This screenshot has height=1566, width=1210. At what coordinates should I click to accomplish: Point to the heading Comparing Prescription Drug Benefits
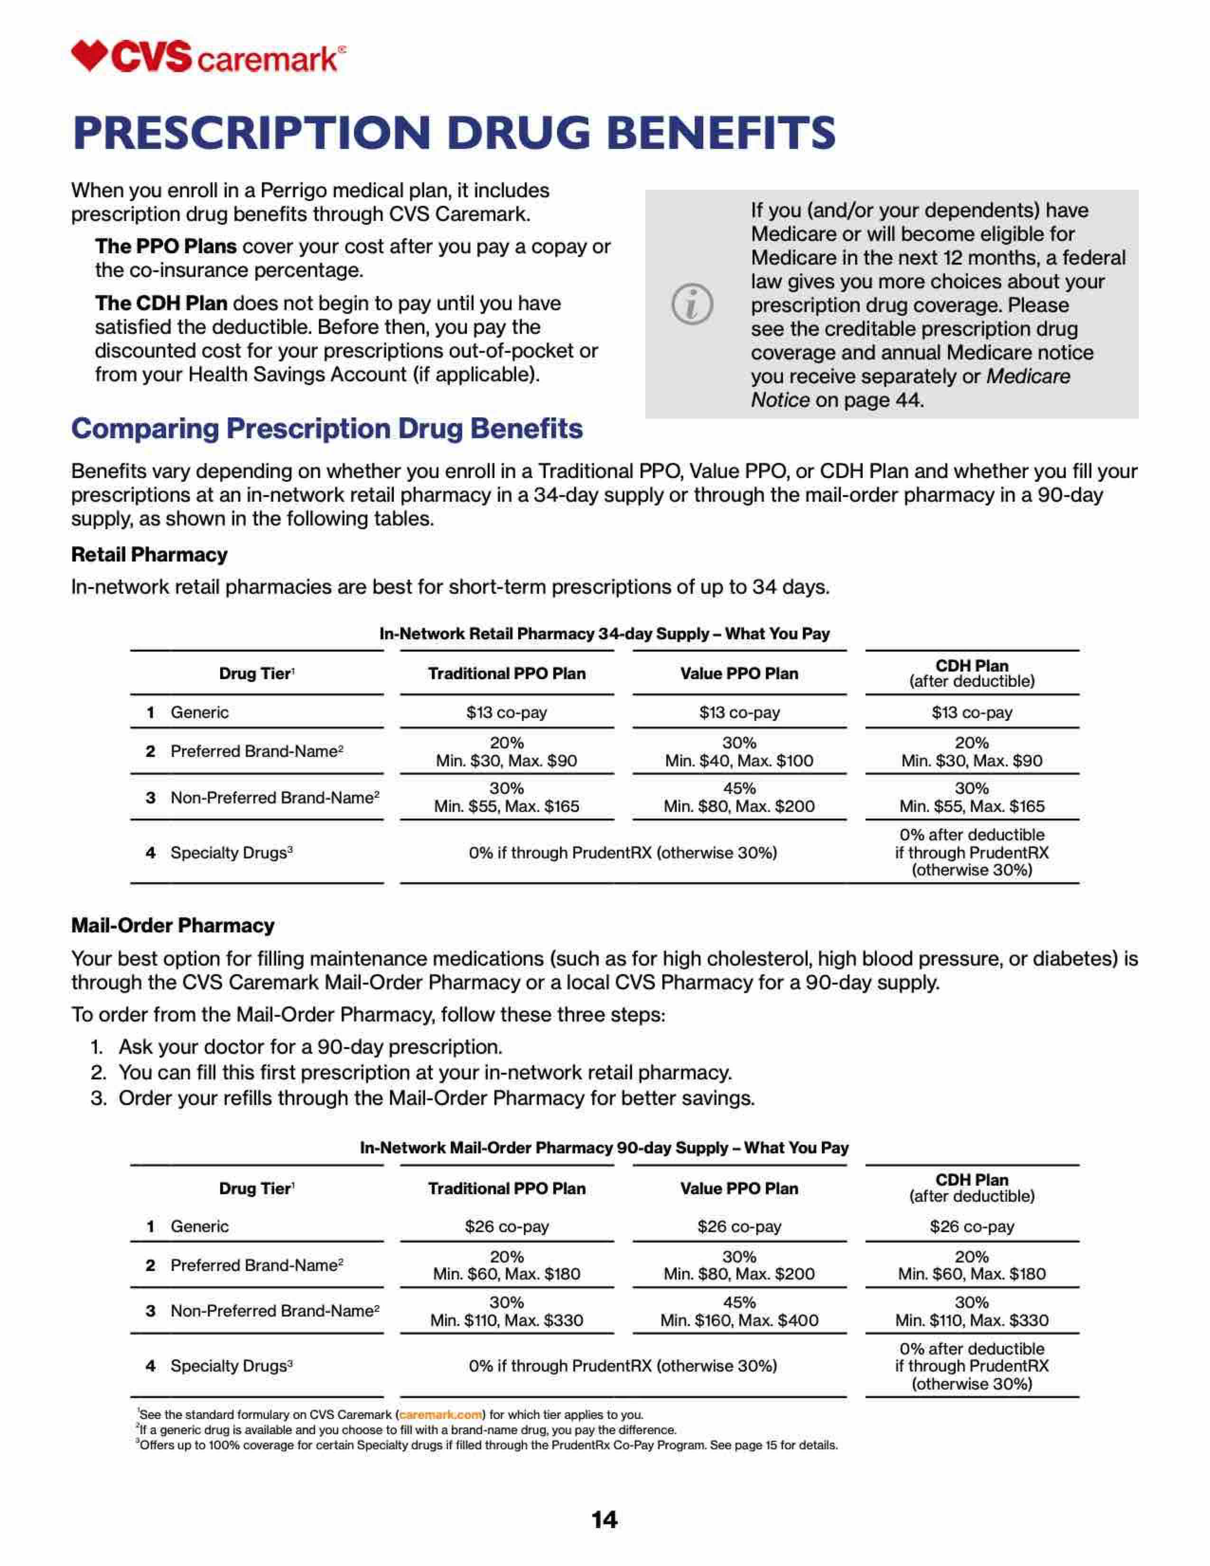pos(326,429)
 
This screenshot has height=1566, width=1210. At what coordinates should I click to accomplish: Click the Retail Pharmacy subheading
pos(149,554)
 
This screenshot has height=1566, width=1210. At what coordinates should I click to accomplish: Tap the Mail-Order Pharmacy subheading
pos(172,925)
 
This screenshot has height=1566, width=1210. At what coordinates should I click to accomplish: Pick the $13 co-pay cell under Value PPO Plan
pos(739,712)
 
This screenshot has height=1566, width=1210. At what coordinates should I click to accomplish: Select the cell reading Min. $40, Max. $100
pos(739,760)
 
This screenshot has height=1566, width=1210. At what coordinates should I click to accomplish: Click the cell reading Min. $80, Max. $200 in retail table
pos(739,806)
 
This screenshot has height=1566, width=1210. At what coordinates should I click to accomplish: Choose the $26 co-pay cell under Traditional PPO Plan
pos(506,1226)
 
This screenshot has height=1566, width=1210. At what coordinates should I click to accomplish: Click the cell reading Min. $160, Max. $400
pos(739,1320)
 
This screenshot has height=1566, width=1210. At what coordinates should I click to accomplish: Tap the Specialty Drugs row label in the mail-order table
pos(231,1366)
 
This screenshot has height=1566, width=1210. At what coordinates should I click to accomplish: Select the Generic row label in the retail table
pos(199,712)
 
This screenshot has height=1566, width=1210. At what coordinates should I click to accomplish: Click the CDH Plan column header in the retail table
pos(971,672)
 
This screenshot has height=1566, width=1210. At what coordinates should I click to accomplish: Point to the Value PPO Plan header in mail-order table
pos(739,1188)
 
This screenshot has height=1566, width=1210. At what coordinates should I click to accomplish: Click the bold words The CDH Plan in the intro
pos(161,304)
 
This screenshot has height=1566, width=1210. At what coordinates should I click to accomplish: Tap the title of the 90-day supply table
pos(604,1147)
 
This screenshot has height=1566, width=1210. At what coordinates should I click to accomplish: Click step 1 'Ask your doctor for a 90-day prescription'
pos(310,1047)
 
